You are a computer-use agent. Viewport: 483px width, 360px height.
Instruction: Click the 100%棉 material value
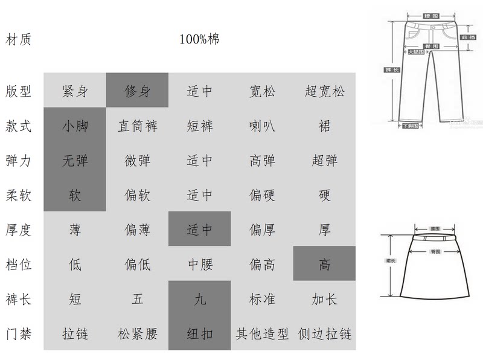pyautogui.click(x=199, y=40)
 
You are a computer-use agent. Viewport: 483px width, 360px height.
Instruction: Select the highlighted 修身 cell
pyautogui.click(x=137, y=92)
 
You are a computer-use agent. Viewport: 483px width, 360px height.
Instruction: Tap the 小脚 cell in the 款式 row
pyautogui.click(x=75, y=126)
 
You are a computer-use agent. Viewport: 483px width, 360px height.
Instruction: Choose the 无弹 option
pyautogui.click(x=75, y=161)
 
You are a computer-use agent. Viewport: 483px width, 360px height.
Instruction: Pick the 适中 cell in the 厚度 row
pyautogui.click(x=199, y=230)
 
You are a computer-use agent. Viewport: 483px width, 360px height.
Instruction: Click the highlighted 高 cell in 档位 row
pyautogui.click(x=324, y=264)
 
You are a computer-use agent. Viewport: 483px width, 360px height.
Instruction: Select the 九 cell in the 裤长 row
pyautogui.click(x=199, y=298)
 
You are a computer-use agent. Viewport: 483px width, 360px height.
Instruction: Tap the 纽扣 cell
pyautogui.click(x=199, y=333)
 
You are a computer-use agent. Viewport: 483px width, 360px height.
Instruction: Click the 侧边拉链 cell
pyautogui.click(x=324, y=333)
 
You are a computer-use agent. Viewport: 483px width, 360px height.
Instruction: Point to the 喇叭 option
pyautogui.click(x=262, y=126)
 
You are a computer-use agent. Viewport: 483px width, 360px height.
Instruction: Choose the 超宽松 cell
pyautogui.click(x=324, y=92)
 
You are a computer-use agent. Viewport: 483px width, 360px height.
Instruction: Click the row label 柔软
pyautogui.click(x=18, y=195)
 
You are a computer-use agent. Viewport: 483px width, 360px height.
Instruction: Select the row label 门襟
pyautogui.click(x=18, y=333)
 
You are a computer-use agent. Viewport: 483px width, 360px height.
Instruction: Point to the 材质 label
pyautogui.click(x=18, y=40)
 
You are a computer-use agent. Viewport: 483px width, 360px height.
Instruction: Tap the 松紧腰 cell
pyautogui.click(x=137, y=333)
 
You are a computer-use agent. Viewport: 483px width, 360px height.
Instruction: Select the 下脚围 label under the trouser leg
pyautogui.click(x=411, y=126)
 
